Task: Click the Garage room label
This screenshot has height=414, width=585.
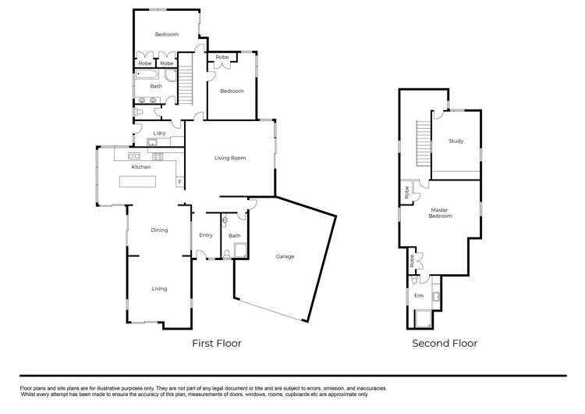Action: [x=285, y=256]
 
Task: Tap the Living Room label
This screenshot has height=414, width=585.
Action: [x=230, y=158]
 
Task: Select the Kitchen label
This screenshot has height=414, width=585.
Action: [x=141, y=167]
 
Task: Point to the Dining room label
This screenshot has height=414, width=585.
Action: [x=159, y=230]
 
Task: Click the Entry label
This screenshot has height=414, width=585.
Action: [x=206, y=235]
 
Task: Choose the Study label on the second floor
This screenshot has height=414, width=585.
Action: [x=456, y=141]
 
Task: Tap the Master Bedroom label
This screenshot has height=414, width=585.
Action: [x=440, y=213]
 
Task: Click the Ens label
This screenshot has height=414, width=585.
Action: [x=419, y=295]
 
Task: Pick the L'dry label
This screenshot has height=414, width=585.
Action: [x=159, y=133]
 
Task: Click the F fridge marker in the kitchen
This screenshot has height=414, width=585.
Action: [x=180, y=182]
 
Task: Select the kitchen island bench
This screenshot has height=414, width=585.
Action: [x=137, y=181]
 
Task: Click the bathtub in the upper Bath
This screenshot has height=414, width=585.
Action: [x=147, y=74]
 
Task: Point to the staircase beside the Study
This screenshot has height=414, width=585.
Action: [x=424, y=143]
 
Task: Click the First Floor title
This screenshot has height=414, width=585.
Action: [x=217, y=344]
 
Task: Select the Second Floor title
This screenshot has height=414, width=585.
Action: [x=445, y=344]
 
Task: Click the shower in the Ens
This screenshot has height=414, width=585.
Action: [x=424, y=319]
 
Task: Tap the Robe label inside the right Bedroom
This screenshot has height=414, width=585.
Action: [x=222, y=57]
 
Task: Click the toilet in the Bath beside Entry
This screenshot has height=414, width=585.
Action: [x=226, y=254]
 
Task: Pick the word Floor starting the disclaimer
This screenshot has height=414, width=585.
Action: [x=26, y=388]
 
